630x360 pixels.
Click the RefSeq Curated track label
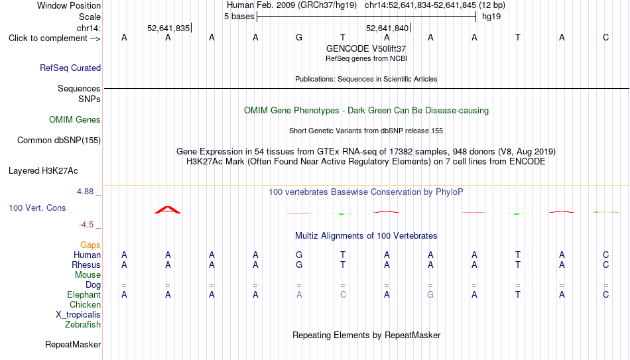click(70, 68)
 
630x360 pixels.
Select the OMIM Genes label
click(75, 120)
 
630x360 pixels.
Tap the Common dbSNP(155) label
click(59, 141)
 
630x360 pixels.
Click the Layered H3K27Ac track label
click(43, 171)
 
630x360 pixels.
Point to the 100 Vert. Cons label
click(37, 208)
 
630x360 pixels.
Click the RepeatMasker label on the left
click(73, 344)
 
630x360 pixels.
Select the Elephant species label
click(84, 295)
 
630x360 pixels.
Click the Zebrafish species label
click(83, 325)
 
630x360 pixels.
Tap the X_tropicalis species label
click(78, 315)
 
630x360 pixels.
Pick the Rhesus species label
click(86, 265)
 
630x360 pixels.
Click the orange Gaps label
click(90, 245)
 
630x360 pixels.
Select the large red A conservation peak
click(168, 210)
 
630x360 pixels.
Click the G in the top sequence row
click(299, 37)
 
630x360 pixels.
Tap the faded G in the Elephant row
click(430, 295)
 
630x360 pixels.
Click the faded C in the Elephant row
click(343, 295)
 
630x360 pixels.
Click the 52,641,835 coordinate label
click(168, 28)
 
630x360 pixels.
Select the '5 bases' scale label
click(239, 17)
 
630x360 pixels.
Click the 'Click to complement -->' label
click(54, 38)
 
